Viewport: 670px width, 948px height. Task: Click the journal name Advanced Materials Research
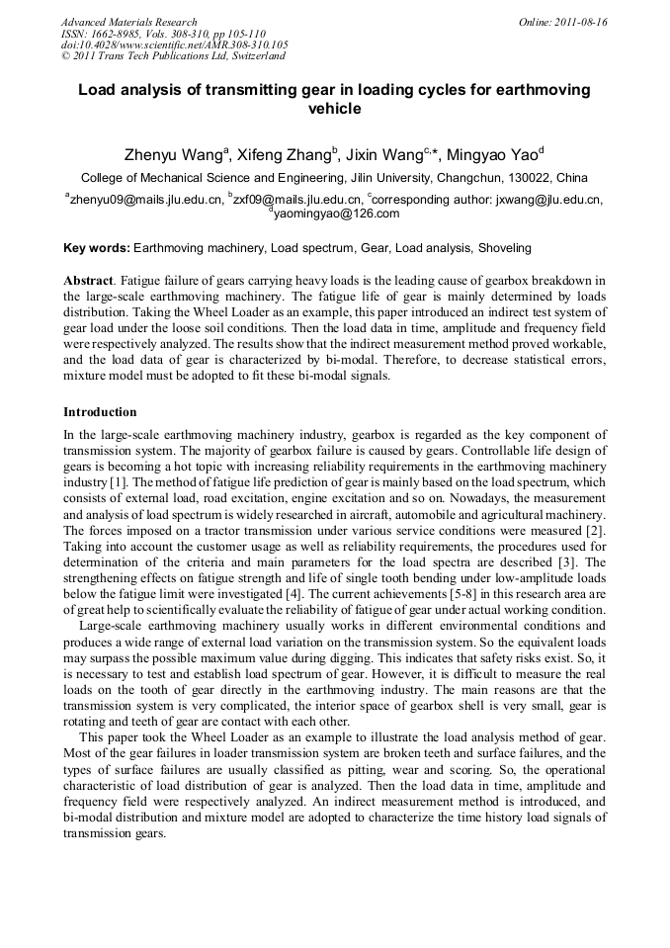[128, 22]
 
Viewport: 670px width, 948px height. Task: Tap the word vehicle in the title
[334, 109]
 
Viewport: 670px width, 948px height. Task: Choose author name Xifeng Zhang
[287, 155]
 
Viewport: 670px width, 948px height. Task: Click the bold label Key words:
[96, 248]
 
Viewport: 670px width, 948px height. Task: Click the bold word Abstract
[87, 281]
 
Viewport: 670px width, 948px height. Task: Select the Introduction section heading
[100, 411]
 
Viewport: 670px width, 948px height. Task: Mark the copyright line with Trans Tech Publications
[173, 56]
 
